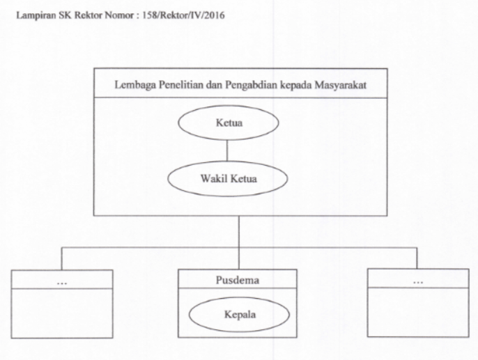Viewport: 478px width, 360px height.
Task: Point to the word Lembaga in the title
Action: (x=132, y=85)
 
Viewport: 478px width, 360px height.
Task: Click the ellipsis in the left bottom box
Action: (x=62, y=282)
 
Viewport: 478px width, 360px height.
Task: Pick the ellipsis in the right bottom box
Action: (x=417, y=282)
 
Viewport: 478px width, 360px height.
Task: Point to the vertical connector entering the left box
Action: (x=62, y=259)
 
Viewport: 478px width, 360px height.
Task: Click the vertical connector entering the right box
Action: (x=417, y=259)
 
